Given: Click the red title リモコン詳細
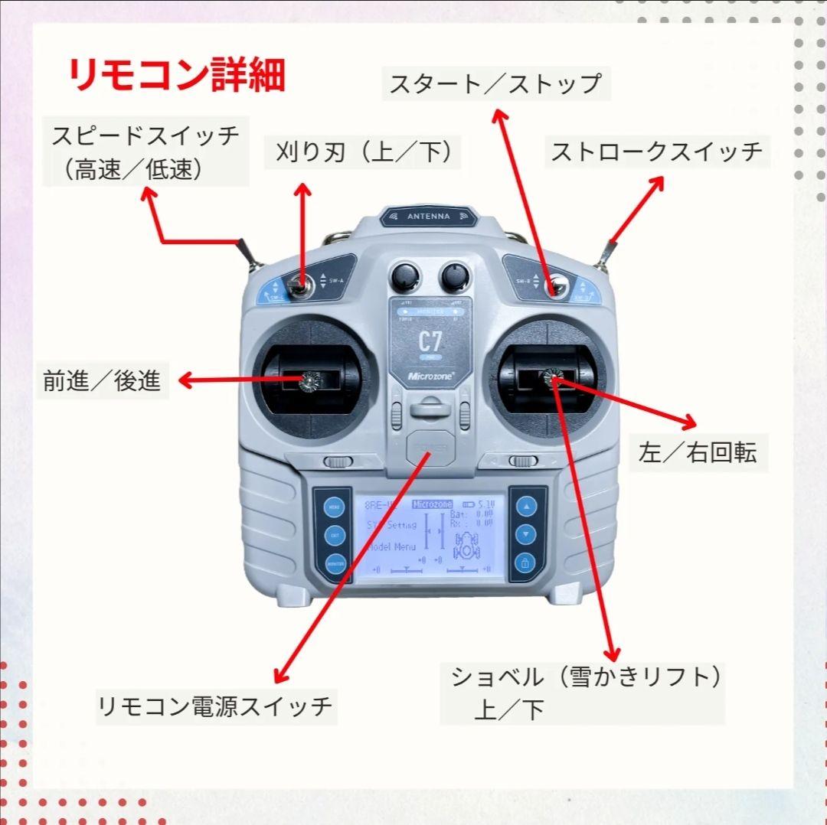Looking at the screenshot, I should pyautogui.click(x=176, y=75).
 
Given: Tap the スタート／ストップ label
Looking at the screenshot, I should pyautogui.click(x=495, y=83).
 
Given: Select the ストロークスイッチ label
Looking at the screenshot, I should pyautogui.click(x=657, y=152).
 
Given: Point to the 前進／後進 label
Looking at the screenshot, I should pyautogui.click(x=102, y=381).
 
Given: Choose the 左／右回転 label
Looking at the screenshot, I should pyautogui.click(x=697, y=452).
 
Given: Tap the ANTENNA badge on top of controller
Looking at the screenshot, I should pyautogui.click(x=428, y=217).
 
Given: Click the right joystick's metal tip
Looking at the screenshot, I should pyautogui.click(x=552, y=377).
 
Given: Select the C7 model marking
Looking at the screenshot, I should pyautogui.click(x=430, y=341).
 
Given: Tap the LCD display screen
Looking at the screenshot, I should pyautogui.click(x=429, y=536).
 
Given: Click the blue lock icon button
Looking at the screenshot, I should pyautogui.click(x=525, y=564).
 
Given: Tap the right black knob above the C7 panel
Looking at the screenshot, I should pyautogui.click(x=454, y=276).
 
